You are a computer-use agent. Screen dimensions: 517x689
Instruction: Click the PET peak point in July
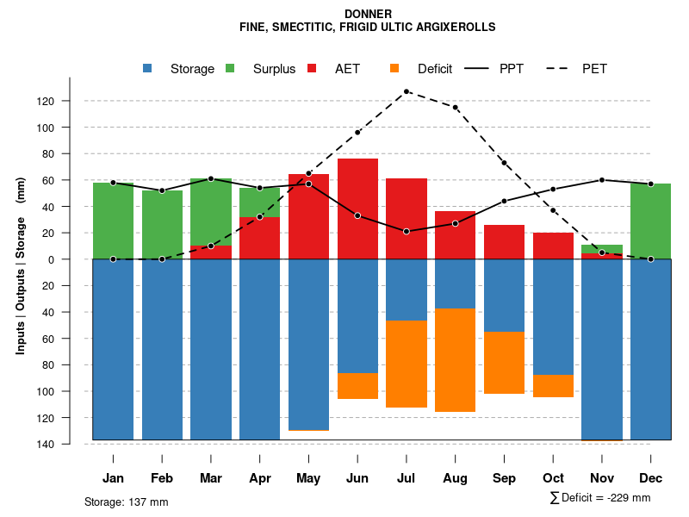[x=407, y=91]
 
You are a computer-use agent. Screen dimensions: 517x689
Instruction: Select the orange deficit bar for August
[x=455, y=359]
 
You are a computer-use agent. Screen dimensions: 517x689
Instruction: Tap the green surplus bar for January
[x=113, y=221]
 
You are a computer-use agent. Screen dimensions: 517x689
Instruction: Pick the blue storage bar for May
[x=308, y=345]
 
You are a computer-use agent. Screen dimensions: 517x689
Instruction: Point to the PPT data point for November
[x=602, y=180]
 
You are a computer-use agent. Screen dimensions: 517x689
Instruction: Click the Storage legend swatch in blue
[x=148, y=68]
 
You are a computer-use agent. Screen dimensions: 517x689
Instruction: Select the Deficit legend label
[x=435, y=69]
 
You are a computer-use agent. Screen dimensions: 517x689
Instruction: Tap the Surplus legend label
[x=274, y=69]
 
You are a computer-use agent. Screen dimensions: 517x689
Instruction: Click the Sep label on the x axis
[x=504, y=478]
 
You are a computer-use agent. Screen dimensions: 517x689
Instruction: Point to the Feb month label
[x=162, y=478]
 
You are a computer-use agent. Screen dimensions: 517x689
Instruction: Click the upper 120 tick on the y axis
[x=70, y=102]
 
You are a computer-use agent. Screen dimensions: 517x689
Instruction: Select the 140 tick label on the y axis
[x=70, y=444]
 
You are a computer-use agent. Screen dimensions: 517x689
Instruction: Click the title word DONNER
[x=368, y=14]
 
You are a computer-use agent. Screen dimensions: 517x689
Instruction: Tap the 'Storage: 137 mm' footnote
[x=127, y=501]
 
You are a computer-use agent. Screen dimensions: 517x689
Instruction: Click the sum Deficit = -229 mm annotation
[x=600, y=498]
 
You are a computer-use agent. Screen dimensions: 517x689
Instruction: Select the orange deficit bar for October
[x=553, y=386]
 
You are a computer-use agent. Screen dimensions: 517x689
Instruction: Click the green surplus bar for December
[x=650, y=221]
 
